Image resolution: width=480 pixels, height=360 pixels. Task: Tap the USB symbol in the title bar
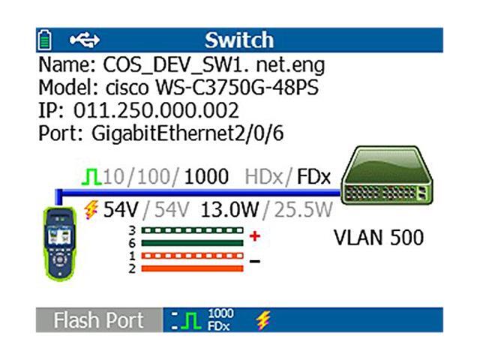click(84, 38)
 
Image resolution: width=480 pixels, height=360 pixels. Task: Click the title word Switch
click(239, 38)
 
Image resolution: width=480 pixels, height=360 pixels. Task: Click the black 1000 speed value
click(206, 177)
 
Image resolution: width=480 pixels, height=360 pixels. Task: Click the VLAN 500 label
click(378, 238)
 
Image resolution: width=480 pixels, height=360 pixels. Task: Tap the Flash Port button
click(97, 320)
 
